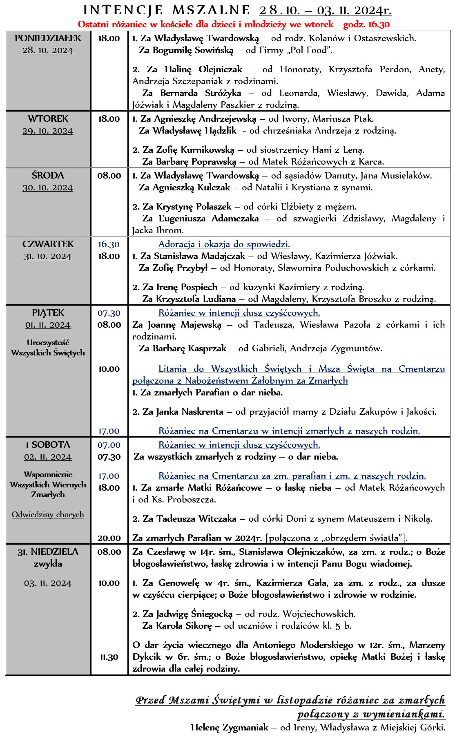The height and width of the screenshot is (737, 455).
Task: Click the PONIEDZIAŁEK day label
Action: coord(48,38)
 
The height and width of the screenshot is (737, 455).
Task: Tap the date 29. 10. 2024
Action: coord(48,131)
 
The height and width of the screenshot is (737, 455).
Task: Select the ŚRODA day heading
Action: coord(48,176)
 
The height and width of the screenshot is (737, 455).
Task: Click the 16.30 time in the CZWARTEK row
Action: coord(109,244)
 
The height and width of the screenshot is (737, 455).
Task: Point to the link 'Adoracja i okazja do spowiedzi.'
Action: coord(224,244)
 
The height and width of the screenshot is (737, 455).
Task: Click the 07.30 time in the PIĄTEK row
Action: coord(109,313)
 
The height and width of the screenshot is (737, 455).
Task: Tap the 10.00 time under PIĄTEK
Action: coord(109,369)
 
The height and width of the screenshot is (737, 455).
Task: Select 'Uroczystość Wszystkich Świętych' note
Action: coord(48,348)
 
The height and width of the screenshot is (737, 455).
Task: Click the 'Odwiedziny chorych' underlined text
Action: coord(48,514)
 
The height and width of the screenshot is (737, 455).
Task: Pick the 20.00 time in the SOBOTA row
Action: coord(109,538)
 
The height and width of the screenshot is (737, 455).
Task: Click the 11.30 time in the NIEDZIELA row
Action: coord(109,657)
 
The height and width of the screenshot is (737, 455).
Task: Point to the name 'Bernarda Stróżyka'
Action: coord(200,93)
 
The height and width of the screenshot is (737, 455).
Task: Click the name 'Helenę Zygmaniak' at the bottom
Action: coord(229,728)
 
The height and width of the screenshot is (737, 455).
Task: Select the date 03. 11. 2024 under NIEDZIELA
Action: coord(48,583)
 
